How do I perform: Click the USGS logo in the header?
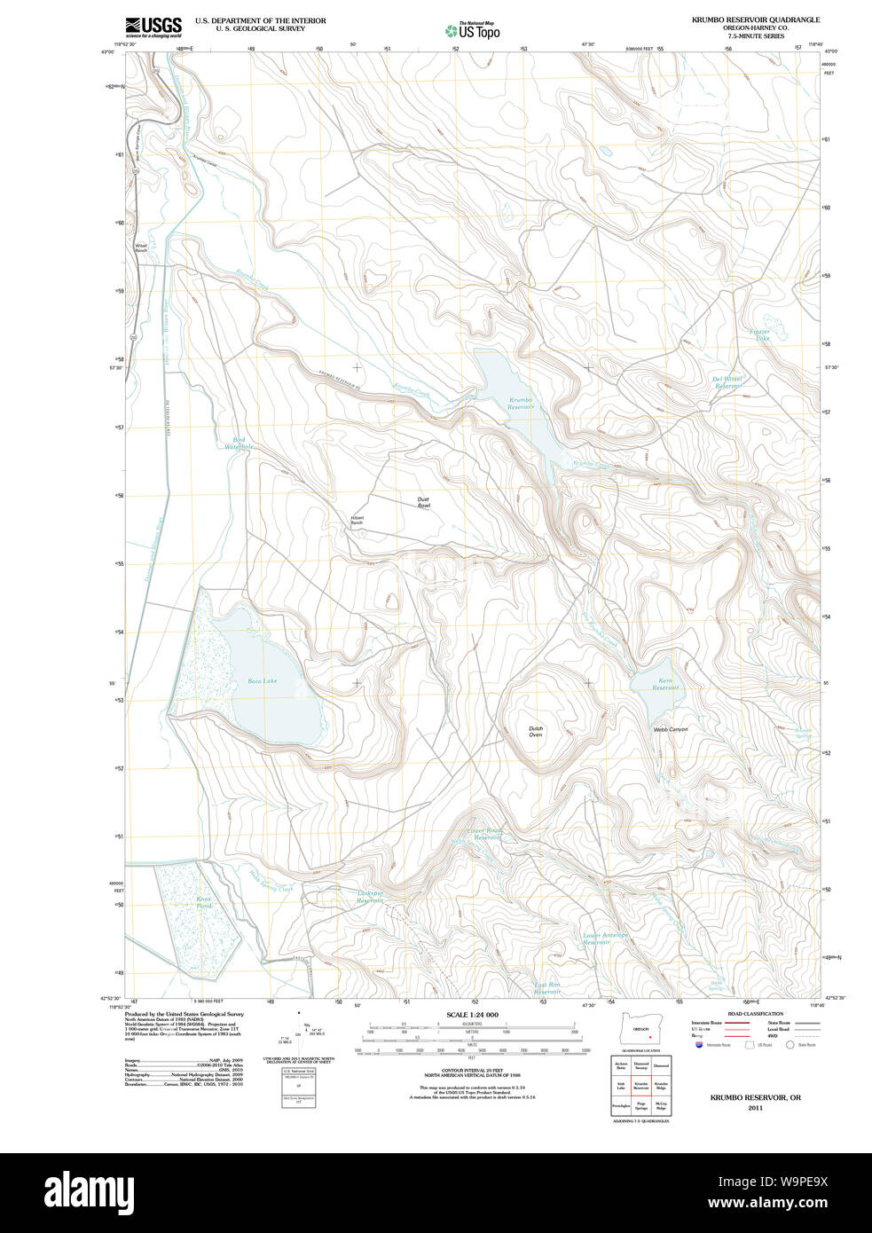153,26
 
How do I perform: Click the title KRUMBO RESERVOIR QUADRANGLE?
756,20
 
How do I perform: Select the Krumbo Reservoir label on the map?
521,404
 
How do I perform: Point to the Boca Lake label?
262,681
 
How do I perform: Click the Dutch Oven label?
536,732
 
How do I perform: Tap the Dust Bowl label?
423,502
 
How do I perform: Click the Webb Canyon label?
671,729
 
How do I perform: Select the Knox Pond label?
204,902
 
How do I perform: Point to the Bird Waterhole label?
239,444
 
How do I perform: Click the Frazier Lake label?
760,334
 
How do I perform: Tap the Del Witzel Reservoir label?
727,382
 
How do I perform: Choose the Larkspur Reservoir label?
370,897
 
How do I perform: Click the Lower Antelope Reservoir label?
605,938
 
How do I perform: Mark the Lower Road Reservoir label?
485,834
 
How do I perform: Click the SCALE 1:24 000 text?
472,1015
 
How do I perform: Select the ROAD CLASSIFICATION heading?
755,1014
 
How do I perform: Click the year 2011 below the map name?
755,1108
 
